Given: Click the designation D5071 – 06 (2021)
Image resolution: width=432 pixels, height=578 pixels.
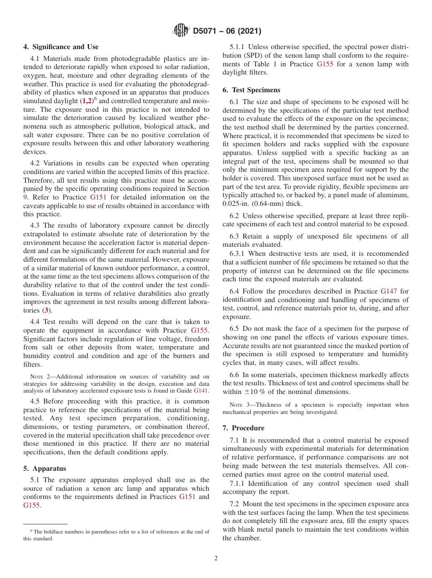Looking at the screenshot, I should [x=227, y=31].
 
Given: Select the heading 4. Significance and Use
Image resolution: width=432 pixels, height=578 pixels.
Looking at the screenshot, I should [x=60, y=47].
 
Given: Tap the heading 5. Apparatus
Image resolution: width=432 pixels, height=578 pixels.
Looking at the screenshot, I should [x=45, y=468].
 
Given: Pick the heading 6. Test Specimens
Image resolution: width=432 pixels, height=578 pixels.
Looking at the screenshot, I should [x=251, y=90].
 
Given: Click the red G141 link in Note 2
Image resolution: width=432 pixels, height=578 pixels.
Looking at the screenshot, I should [x=201, y=390].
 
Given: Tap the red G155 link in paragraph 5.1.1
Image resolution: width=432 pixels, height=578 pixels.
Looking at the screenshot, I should [x=325, y=64].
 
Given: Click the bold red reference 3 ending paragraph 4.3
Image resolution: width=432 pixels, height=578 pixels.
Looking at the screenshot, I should [x=46, y=310].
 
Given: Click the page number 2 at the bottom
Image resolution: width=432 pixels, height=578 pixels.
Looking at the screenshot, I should [x=216, y=558].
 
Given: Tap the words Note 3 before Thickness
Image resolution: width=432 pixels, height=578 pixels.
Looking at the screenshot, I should [x=236, y=405].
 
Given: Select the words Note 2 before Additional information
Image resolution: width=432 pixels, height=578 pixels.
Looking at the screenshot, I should [x=37, y=376].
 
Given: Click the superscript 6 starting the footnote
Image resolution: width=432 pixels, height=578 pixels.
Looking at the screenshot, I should [x=31, y=531].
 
